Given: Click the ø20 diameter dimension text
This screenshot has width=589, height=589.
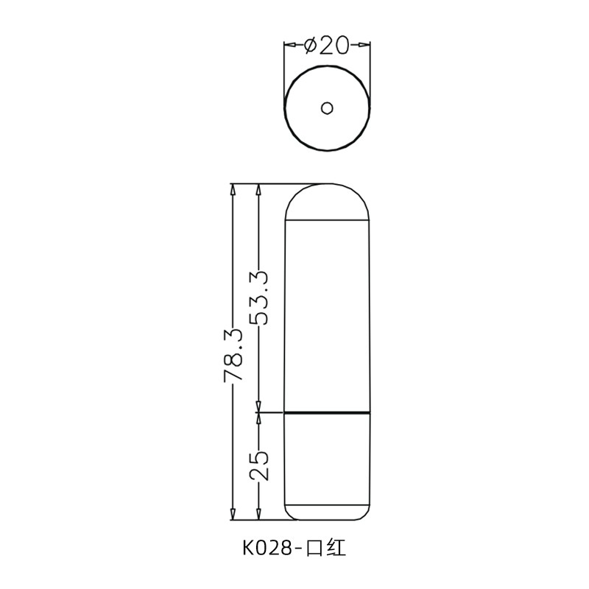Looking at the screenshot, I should click(x=327, y=46).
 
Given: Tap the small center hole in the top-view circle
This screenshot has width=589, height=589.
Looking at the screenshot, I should click(x=327, y=109).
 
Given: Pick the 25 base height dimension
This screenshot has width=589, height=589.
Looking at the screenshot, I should click(x=258, y=465).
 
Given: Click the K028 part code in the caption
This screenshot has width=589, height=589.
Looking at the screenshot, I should click(x=267, y=549).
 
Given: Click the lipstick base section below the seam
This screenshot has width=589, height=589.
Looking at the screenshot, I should click(x=327, y=460).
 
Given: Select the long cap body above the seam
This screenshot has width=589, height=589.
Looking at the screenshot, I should click(x=327, y=317).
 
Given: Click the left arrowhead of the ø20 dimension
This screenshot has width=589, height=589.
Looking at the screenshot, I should click(x=290, y=46).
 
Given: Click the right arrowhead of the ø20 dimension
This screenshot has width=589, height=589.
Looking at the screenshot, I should click(x=364, y=46).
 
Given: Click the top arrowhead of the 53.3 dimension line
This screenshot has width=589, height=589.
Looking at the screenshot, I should click(x=258, y=189).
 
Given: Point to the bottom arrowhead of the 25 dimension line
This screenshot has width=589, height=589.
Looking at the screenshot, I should click(x=258, y=513).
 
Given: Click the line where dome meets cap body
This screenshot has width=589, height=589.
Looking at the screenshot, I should click(x=327, y=220).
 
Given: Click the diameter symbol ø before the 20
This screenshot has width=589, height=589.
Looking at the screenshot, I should click(x=310, y=46).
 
